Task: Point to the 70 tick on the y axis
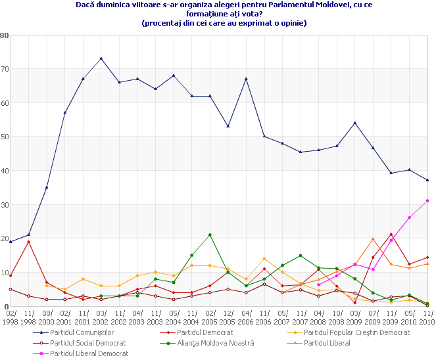pos(5,69)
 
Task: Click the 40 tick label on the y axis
pos(5,171)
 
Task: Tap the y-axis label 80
pos(5,35)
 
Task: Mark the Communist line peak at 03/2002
pos(101,58)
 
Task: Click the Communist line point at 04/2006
pos(246,79)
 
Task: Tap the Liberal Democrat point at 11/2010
pos(427,200)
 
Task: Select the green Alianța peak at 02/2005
pos(210,235)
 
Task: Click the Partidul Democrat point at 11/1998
pos(28,242)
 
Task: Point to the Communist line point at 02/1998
pos(11,242)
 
